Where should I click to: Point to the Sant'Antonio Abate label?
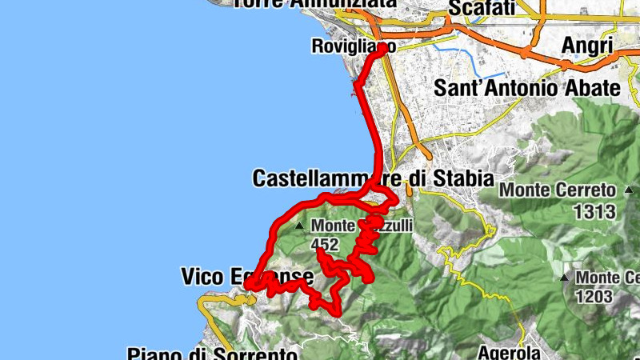pos(526,88)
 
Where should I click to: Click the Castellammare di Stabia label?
pos(373,178)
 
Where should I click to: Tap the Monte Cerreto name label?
pos(558,191)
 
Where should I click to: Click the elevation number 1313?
pos(594,212)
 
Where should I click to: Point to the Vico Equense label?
pos(235,277)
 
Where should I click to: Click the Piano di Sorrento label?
pos(212,354)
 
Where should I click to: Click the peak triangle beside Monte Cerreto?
pos(629,191)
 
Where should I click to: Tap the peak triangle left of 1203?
pos(565,278)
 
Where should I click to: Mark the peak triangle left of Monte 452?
pos(300,226)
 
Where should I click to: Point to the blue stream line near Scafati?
pos(472,59)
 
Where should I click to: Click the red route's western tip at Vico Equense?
pos(247,285)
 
